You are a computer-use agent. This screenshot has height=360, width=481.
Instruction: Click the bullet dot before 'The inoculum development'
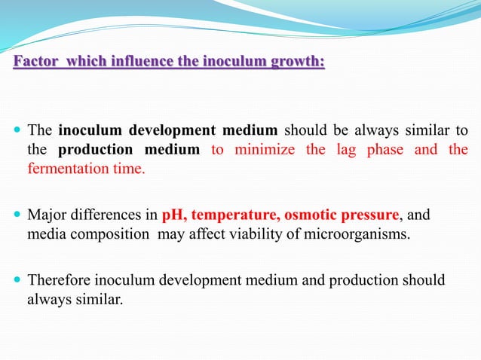click(x=17, y=130)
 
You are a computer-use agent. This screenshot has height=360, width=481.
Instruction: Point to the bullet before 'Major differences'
click(x=17, y=216)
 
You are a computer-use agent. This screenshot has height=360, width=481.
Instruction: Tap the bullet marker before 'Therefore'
click(x=17, y=281)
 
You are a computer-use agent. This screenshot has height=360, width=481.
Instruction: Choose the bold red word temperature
click(x=231, y=215)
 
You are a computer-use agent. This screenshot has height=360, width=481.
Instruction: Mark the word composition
click(x=113, y=234)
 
